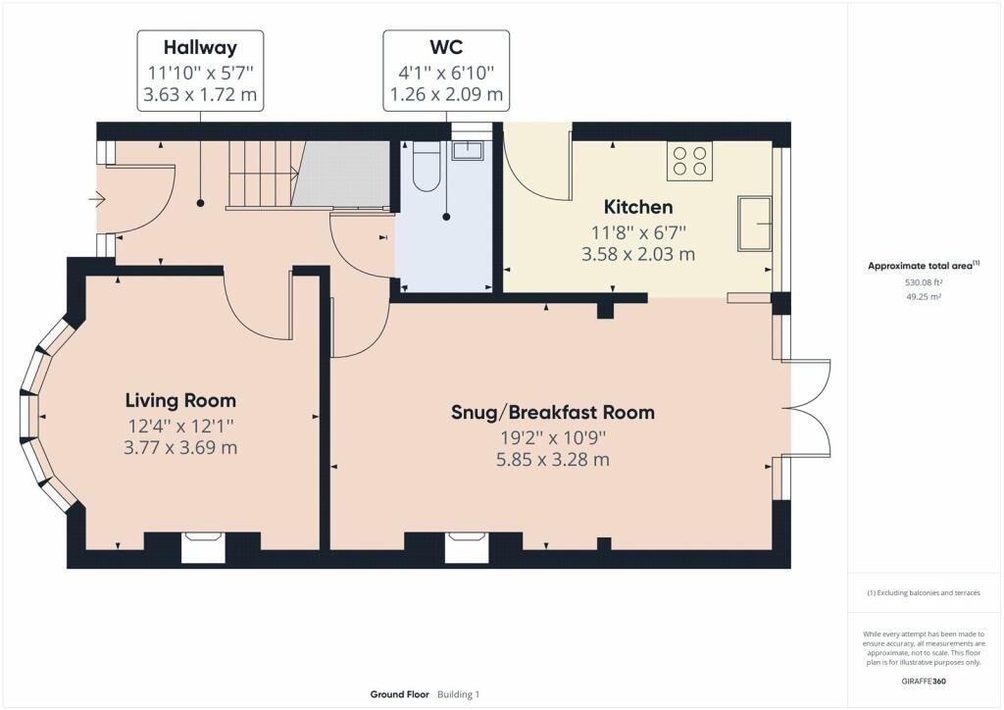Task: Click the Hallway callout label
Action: point(200,47)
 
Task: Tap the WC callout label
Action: point(446,47)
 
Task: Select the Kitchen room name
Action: point(638,207)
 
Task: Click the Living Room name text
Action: point(180,400)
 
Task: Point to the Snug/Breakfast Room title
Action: point(552,412)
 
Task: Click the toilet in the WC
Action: point(427,166)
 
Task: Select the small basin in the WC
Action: point(468,150)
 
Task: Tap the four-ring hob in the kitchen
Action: point(689,161)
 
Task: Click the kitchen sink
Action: point(756,223)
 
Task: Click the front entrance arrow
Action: point(96,200)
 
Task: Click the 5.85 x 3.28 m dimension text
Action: point(552,459)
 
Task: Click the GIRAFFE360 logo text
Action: point(924,681)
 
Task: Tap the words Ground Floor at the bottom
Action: point(399,694)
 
